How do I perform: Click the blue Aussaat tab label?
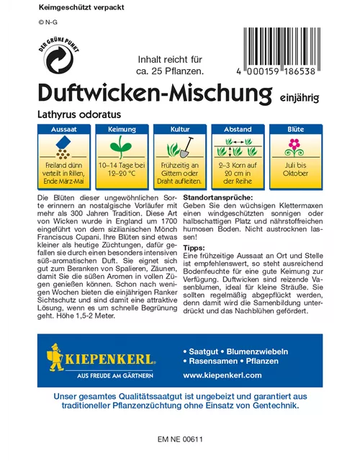[x=60, y=129]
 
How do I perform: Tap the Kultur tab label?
[x=180, y=129]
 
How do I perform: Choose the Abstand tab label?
[x=238, y=129]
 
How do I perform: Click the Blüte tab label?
[x=294, y=129]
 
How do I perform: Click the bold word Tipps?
[x=195, y=268]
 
